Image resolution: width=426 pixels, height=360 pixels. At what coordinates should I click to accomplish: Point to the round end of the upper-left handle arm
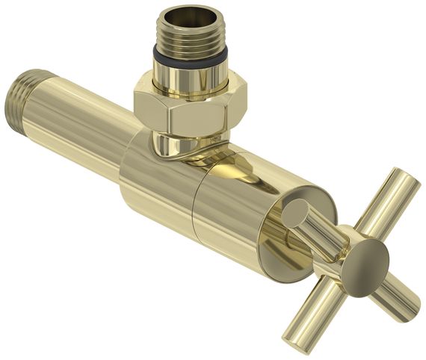click(x=293, y=212)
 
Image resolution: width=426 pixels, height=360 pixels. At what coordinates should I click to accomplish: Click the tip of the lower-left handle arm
click(x=297, y=342)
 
